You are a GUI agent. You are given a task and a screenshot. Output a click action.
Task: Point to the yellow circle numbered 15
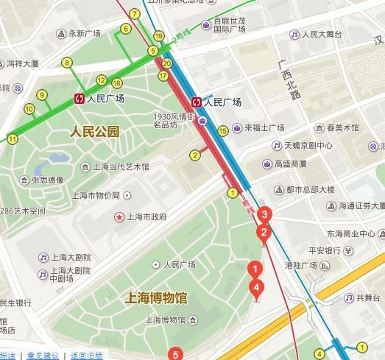(x=222, y=131)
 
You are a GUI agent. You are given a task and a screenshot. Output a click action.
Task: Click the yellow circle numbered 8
(x=67, y=63)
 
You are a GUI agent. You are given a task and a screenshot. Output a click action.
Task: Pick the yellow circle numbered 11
(x=13, y=138)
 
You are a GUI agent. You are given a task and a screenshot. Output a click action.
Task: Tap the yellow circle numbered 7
(x=135, y=14)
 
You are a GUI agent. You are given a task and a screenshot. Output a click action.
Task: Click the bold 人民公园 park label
(x=94, y=132)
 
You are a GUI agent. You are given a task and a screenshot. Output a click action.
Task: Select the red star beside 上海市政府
(x=119, y=218)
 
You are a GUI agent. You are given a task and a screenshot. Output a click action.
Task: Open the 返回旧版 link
(x=87, y=356)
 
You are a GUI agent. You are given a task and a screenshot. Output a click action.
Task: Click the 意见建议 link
(x=43, y=356)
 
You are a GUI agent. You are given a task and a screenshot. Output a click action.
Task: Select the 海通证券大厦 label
(x=361, y=207)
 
